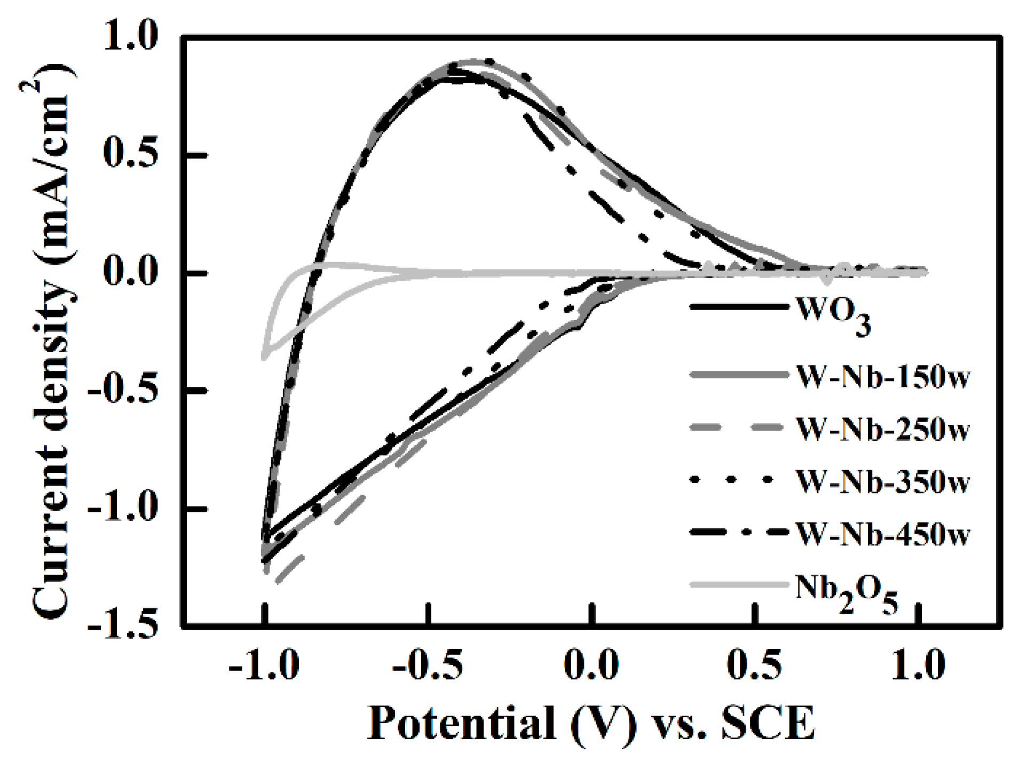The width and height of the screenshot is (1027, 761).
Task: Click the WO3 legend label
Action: coord(833,315)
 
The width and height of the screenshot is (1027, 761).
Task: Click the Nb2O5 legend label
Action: coord(847,592)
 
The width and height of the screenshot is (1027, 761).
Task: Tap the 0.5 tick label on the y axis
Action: coord(131,155)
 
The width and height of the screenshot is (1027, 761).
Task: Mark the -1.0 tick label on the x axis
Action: coord(264,666)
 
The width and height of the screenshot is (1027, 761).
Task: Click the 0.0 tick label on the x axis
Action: coord(591,666)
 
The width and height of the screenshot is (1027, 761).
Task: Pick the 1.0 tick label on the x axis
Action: coord(918,666)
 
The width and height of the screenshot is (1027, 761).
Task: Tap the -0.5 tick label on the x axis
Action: coord(427,666)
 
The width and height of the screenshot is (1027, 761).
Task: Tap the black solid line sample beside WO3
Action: coord(739,307)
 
